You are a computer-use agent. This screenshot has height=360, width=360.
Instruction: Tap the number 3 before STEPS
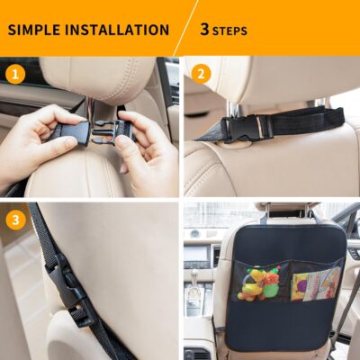[204, 30]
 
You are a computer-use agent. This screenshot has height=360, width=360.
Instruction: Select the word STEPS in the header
[230, 31]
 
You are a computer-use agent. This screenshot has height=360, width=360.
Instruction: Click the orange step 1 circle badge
[14, 73]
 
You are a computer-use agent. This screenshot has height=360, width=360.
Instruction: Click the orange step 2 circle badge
[201, 73]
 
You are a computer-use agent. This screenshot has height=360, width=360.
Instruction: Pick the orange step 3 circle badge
[14, 219]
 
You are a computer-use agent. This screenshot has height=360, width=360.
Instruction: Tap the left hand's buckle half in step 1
[71, 134]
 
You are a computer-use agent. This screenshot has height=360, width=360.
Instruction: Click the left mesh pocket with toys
[259, 282]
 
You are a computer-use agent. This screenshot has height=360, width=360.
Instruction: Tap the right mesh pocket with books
[315, 282]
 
